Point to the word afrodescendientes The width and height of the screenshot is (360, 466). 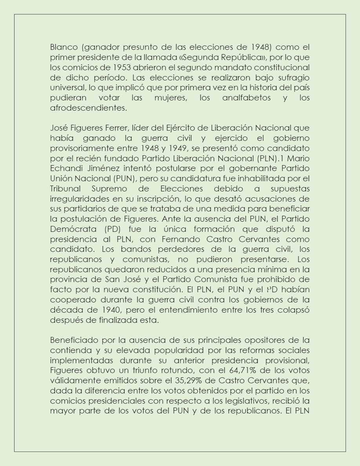(x=89, y=108)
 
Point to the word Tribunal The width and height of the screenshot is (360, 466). (x=65, y=189)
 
